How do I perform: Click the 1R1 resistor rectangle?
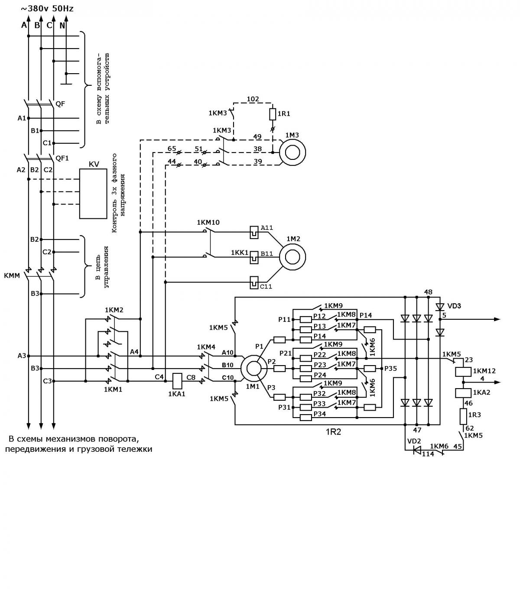pos(273,114)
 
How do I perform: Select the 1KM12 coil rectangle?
pos(463,372)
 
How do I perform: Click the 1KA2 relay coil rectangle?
pos(463,392)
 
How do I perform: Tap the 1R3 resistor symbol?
pos(463,416)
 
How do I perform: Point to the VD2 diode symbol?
pos(417,450)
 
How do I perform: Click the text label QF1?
pos(62,158)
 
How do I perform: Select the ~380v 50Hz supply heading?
pos(47,9)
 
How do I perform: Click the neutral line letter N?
pos(62,26)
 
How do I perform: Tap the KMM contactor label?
pos(12,276)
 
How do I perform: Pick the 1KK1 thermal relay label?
pos(240,253)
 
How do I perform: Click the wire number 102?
pos(253,99)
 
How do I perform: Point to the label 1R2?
pos(333,432)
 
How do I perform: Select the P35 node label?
pos(390,369)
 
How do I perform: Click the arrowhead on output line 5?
pos(497,319)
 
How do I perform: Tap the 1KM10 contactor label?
pos(208,222)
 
